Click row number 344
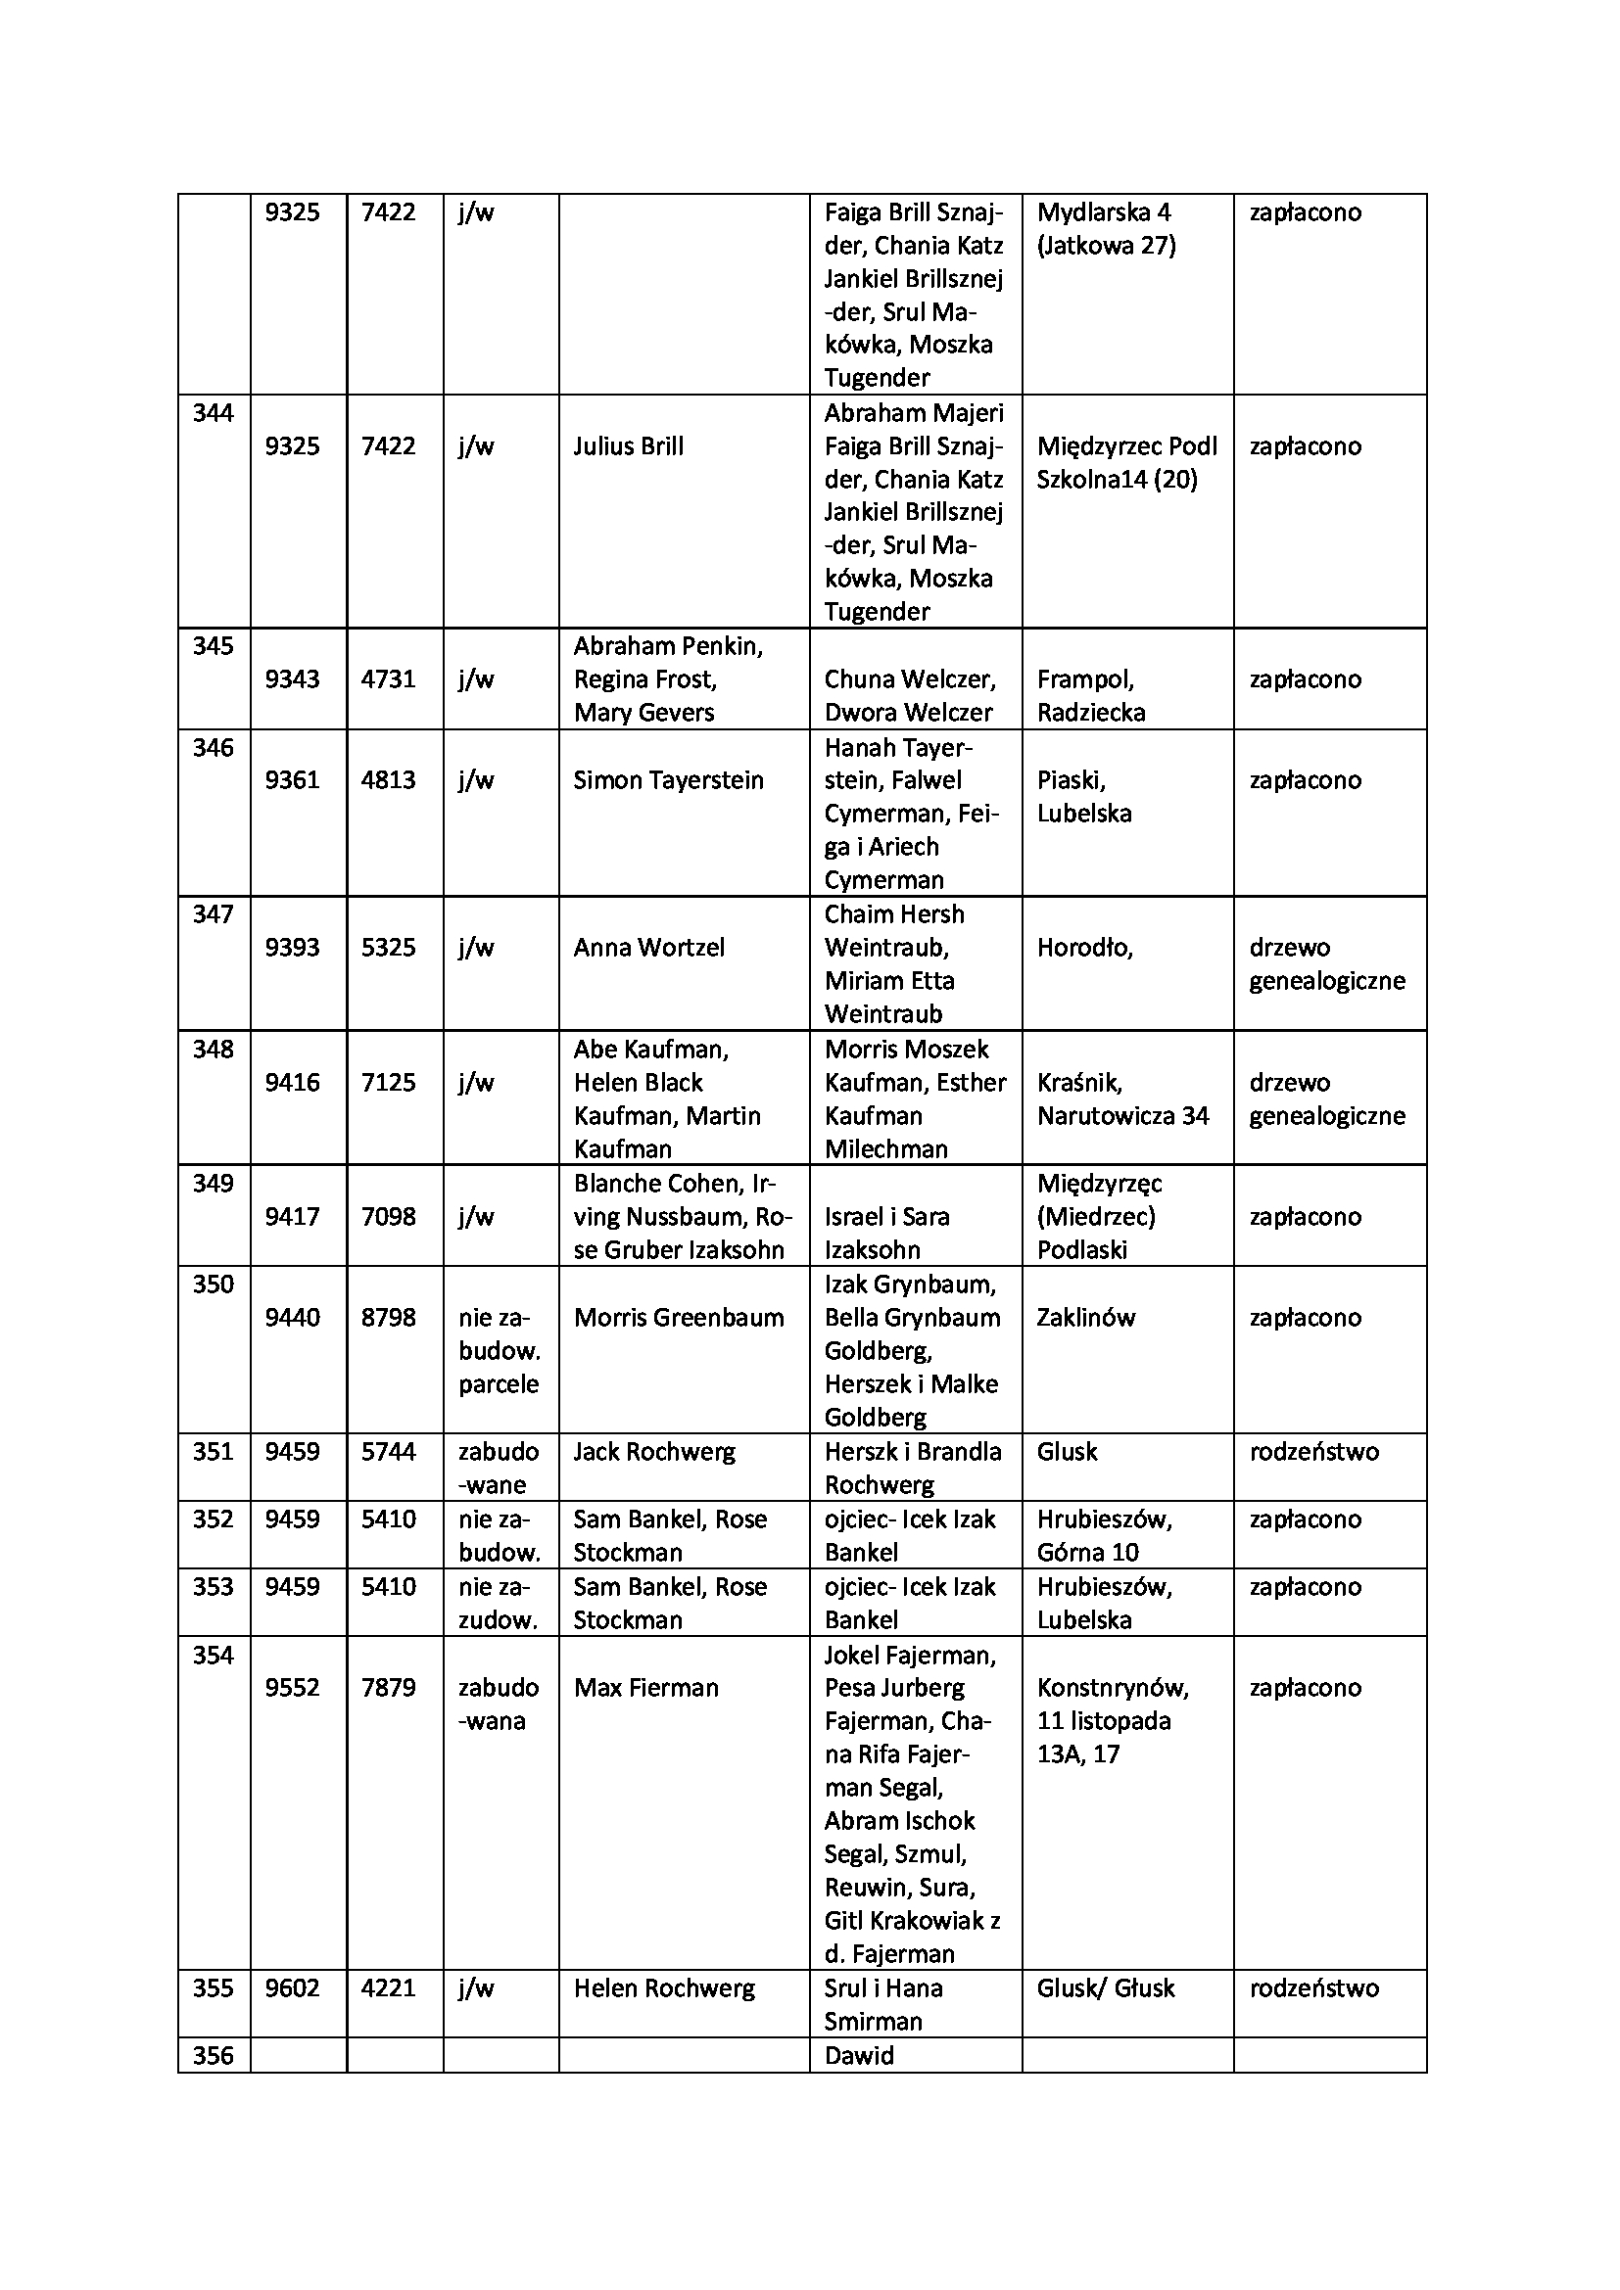(x=213, y=413)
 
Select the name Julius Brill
(x=629, y=445)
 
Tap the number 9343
(x=292, y=679)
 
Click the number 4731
(x=388, y=679)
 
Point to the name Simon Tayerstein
(x=668, y=780)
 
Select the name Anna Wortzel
(x=648, y=948)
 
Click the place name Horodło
(x=1084, y=948)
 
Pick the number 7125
(x=388, y=1082)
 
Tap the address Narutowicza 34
(x=1122, y=1116)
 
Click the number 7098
(x=388, y=1217)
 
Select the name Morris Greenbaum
(x=679, y=1318)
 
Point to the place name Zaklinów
(x=1085, y=1318)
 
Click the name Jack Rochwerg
(x=653, y=1452)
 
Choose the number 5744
(x=388, y=1452)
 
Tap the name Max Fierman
(x=645, y=1688)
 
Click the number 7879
(x=388, y=1688)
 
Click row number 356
(x=213, y=2056)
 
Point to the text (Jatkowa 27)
(x=1105, y=246)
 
